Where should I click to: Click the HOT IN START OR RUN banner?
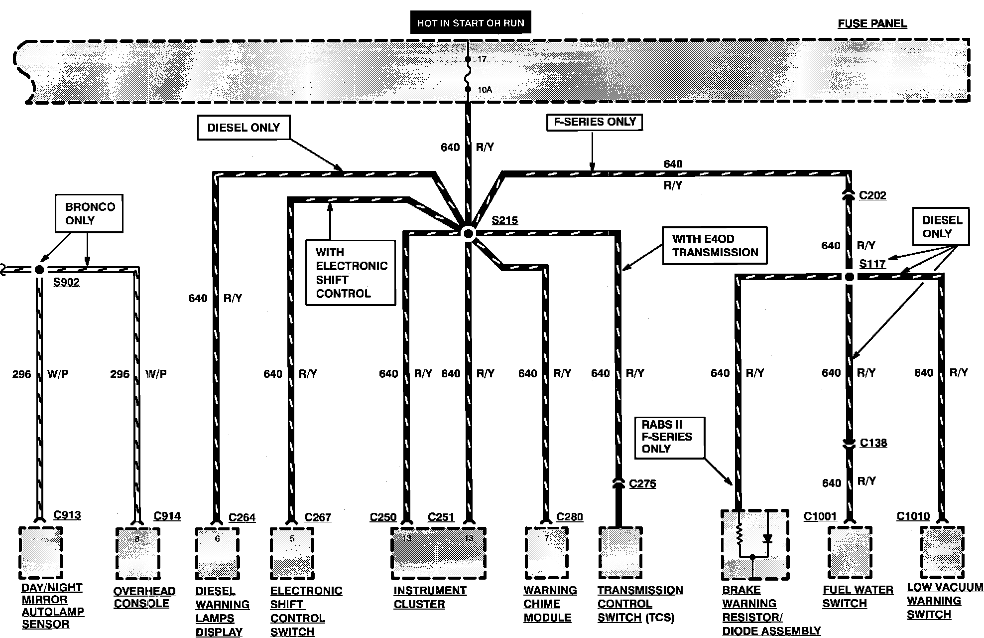coord(470,23)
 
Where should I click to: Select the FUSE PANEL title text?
coord(872,23)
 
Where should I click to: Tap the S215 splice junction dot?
coord(468,233)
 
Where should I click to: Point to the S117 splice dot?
coord(849,277)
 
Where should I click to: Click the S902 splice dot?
coord(39,270)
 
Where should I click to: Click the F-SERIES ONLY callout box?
coord(594,122)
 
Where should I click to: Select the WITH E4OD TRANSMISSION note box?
coord(715,246)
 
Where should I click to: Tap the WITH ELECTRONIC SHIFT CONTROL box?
coord(351,273)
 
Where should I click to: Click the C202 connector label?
coord(872,195)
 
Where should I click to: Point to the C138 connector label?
coord(873,443)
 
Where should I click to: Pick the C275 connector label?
coord(642,483)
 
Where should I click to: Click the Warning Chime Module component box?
coord(546,553)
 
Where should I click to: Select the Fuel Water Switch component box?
coord(850,552)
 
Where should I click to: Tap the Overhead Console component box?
coord(137,554)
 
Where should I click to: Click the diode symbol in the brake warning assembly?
coord(767,538)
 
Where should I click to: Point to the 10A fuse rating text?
coord(485,90)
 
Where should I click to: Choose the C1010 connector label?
coord(913,516)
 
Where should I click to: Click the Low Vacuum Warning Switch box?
coord(942,552)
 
